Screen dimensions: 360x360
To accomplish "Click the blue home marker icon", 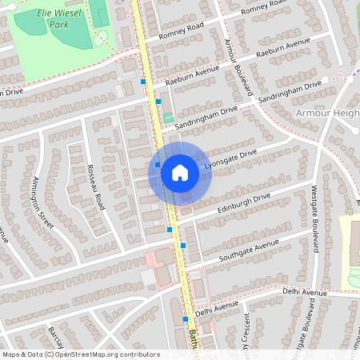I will (180, 172).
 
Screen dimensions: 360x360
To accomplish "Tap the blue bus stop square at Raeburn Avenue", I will (144, 82).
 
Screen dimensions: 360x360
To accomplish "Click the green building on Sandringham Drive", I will (168, 118).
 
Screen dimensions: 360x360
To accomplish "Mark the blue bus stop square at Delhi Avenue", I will (186, 318).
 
